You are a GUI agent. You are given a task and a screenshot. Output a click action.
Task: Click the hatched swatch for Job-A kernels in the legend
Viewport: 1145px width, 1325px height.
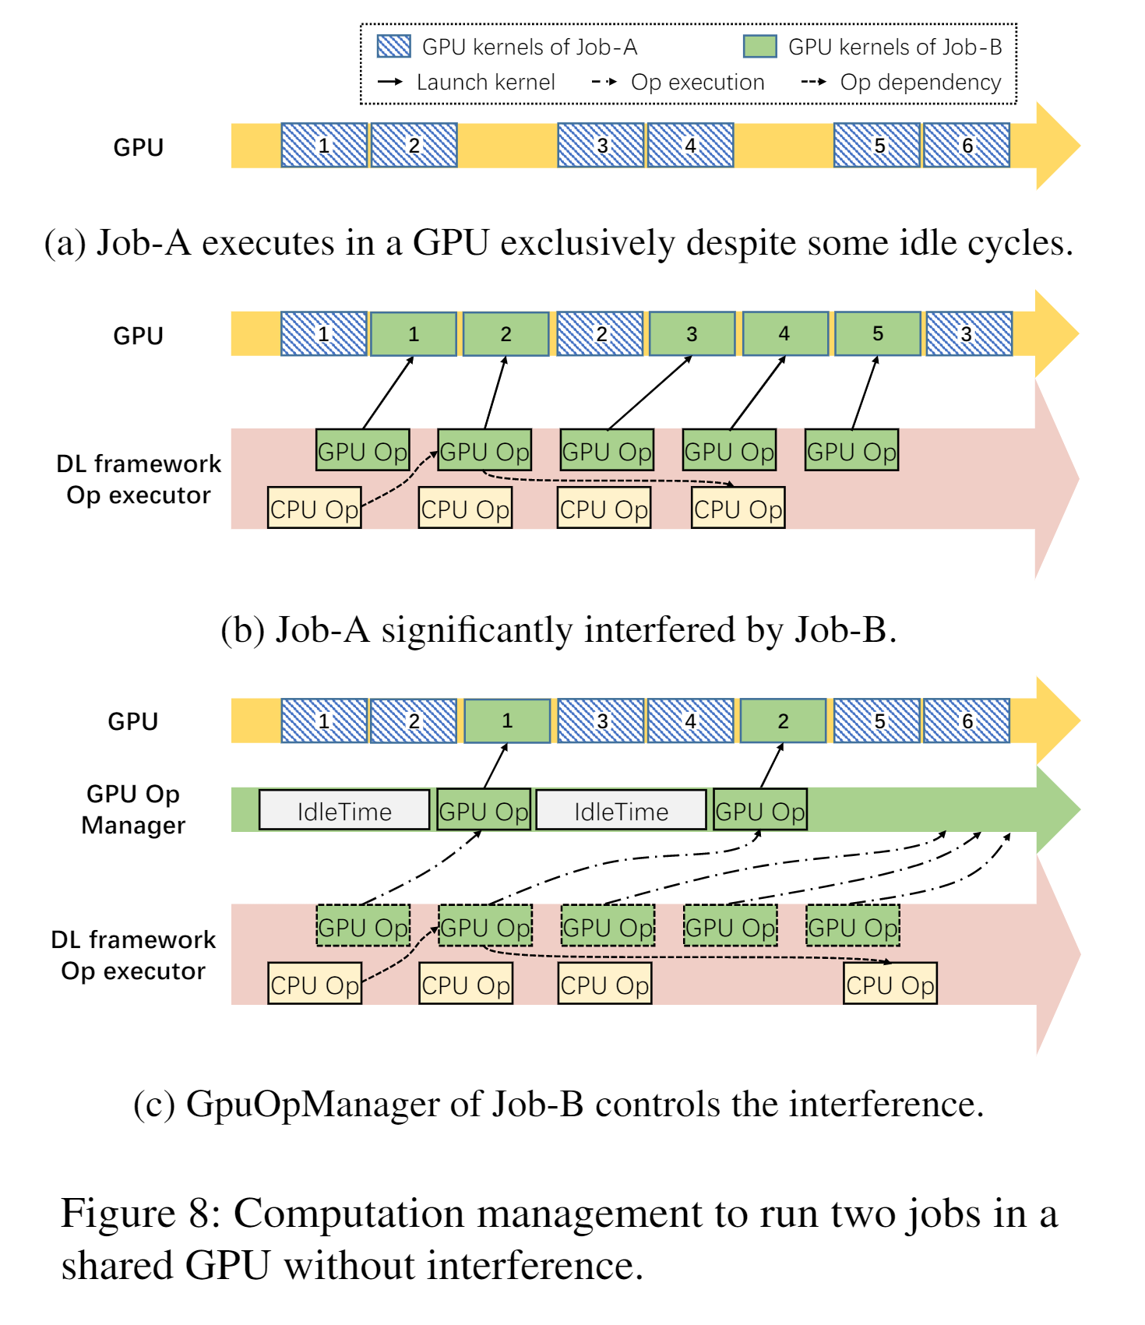[393, 47]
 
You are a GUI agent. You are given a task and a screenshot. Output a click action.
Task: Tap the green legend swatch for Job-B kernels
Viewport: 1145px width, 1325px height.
[759, 47]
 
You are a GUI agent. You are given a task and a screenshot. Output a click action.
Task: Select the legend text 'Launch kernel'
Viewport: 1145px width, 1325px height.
[485, 82]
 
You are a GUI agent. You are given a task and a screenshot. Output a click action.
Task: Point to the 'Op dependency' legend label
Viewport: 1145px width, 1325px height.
[920, 82]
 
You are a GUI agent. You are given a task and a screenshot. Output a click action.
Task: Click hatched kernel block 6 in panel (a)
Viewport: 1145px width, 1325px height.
[967, 146]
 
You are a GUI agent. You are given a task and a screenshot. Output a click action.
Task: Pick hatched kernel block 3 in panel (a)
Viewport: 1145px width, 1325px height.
[601, 146]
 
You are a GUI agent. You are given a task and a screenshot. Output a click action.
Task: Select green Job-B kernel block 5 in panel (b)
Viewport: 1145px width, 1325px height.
[877, 334]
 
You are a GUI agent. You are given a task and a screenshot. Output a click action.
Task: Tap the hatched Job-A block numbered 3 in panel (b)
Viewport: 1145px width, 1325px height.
[968, 334]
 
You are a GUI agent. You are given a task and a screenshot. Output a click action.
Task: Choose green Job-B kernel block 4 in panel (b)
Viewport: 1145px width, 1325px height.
[784, 334]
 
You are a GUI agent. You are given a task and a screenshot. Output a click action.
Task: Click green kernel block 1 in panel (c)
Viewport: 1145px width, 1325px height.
[507, 721]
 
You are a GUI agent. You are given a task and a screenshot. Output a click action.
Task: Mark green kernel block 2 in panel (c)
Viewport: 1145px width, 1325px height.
[783, 721]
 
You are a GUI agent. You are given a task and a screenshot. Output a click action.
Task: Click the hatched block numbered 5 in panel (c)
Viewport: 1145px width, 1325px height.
[877, 721]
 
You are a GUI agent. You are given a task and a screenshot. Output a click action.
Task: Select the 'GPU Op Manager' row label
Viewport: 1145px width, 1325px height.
[133, 809]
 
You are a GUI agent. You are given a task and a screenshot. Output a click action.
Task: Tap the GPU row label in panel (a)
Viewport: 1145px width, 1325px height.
[138, 147]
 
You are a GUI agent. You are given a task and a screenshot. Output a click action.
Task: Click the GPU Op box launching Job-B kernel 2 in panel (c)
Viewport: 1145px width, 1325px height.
[760, 810]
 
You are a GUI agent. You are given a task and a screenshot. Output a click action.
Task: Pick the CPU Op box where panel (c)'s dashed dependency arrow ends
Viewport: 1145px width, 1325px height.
[890, 985]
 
